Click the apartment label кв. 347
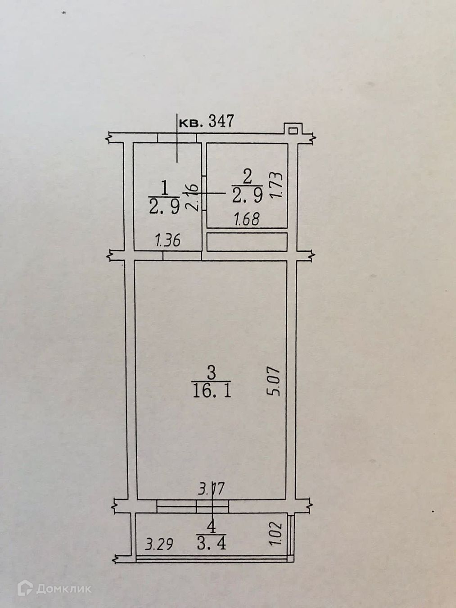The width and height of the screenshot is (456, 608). (207, 122)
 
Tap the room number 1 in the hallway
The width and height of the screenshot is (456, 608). (164, 186)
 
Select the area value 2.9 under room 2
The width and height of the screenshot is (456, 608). (247, 195)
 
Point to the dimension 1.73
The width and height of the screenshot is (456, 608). (277, 185)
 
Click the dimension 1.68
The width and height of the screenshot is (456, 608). (247, 219)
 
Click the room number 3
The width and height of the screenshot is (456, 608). (211, 372)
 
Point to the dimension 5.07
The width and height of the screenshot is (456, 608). (275, 382)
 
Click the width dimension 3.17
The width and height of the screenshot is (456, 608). (211, 489)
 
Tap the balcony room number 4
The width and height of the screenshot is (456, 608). (211, 525)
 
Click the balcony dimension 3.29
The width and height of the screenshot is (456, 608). (159, 544)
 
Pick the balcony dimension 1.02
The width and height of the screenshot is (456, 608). (275, 534)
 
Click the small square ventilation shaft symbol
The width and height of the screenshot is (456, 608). (293, 131)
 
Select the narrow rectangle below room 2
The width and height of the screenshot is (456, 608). (247, 242)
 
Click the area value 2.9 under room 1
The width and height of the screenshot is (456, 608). (164, 207)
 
